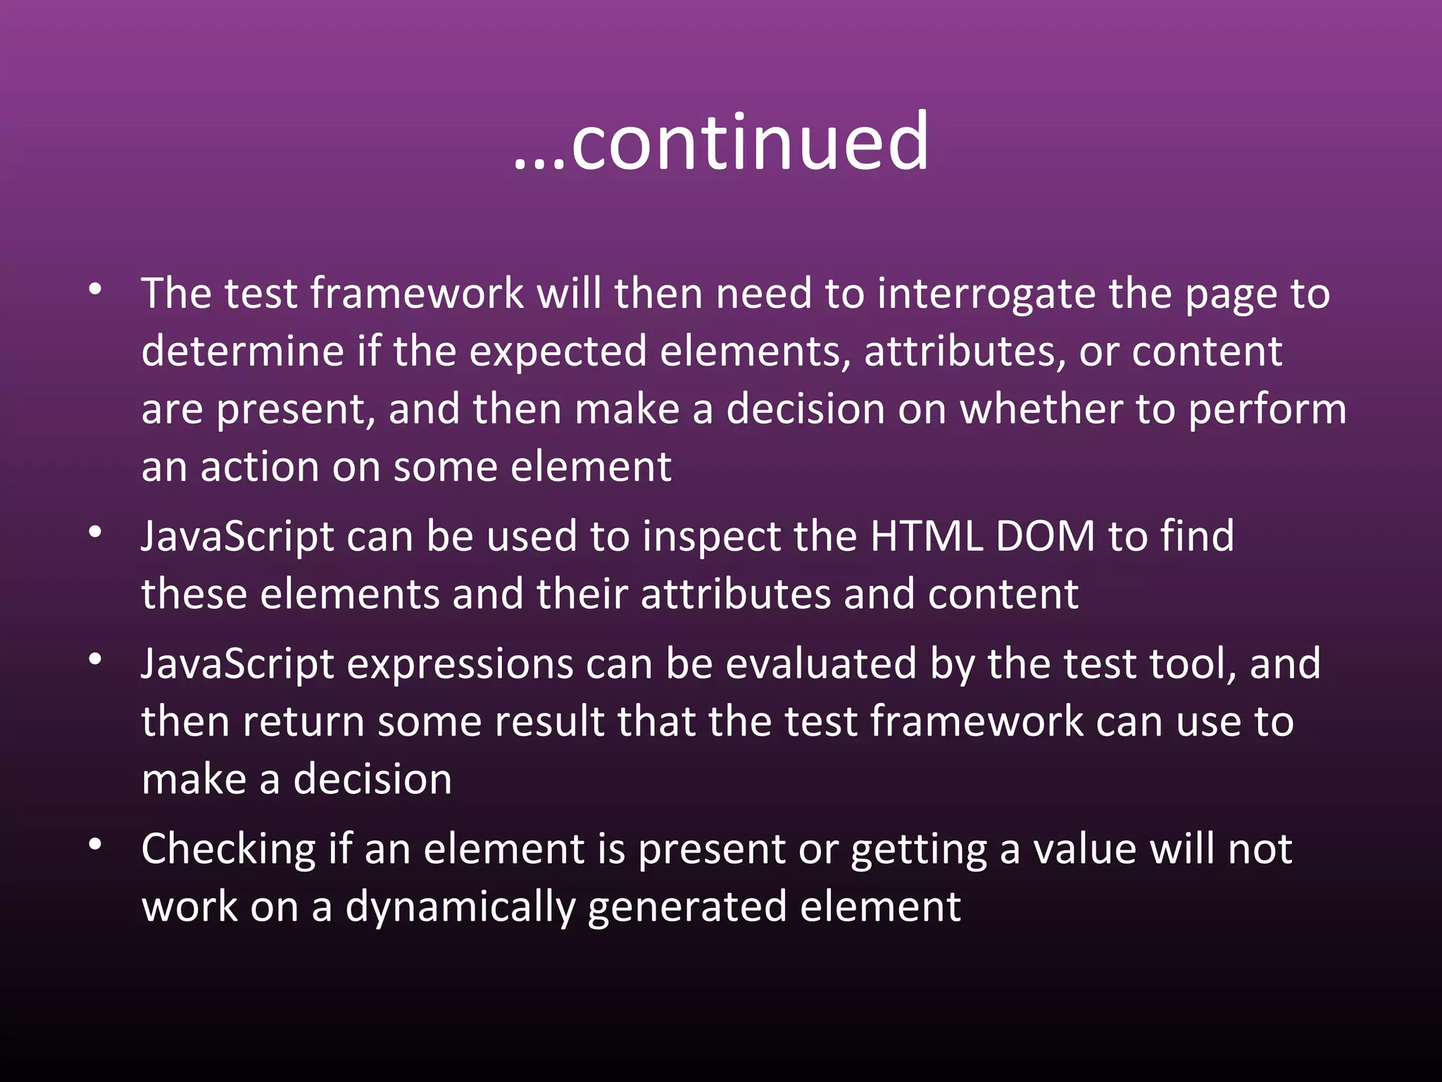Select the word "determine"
242,352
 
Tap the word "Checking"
228,850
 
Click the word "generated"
687,908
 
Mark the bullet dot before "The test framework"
96,290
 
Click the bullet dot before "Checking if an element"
96,844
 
